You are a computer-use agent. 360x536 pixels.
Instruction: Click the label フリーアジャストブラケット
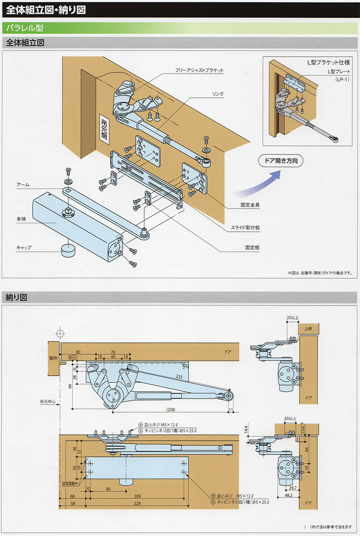click(x=199, y=71)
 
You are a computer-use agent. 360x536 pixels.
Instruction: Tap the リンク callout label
click(x=218, y=94)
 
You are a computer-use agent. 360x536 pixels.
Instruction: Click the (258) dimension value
click(x=170, y=410)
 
